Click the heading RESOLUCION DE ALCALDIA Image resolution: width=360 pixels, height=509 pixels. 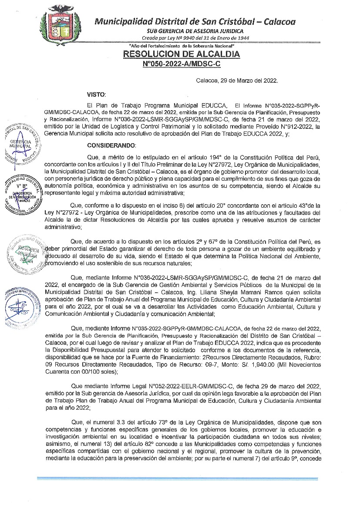tap(182, 54)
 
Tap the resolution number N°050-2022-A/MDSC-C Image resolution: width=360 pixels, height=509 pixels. tap(182, 64)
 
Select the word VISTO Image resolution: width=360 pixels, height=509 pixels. tap(96, 94)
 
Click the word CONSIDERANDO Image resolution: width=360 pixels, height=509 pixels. tap(111, 145)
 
